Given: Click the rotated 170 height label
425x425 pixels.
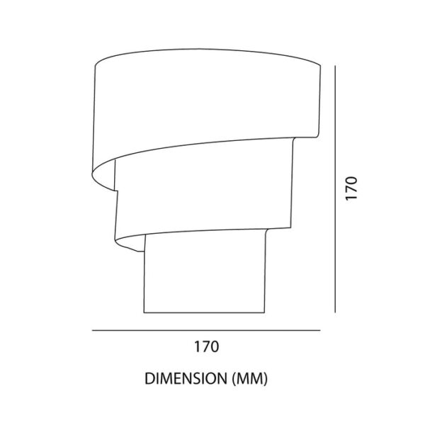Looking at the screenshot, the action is pyautogui.click(x=351, y=188).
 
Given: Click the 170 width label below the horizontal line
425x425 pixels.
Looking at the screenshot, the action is pyautogui.click(x=206, y=346).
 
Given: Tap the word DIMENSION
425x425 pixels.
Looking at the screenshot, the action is pyautogui.click(x=186, y=379).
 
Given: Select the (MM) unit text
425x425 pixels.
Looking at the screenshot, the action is pyautogui.click(x=250, y=379).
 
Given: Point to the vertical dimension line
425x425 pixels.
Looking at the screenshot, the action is pyautogui.click(x=335, y=189).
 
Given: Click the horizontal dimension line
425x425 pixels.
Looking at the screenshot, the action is pyautogui.click(x=206, y=330).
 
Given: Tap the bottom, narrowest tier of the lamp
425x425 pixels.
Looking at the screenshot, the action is pyautogui.click(x=205, y=273).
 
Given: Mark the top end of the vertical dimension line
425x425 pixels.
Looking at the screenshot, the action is pyautogui.click(x=335, y=66).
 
